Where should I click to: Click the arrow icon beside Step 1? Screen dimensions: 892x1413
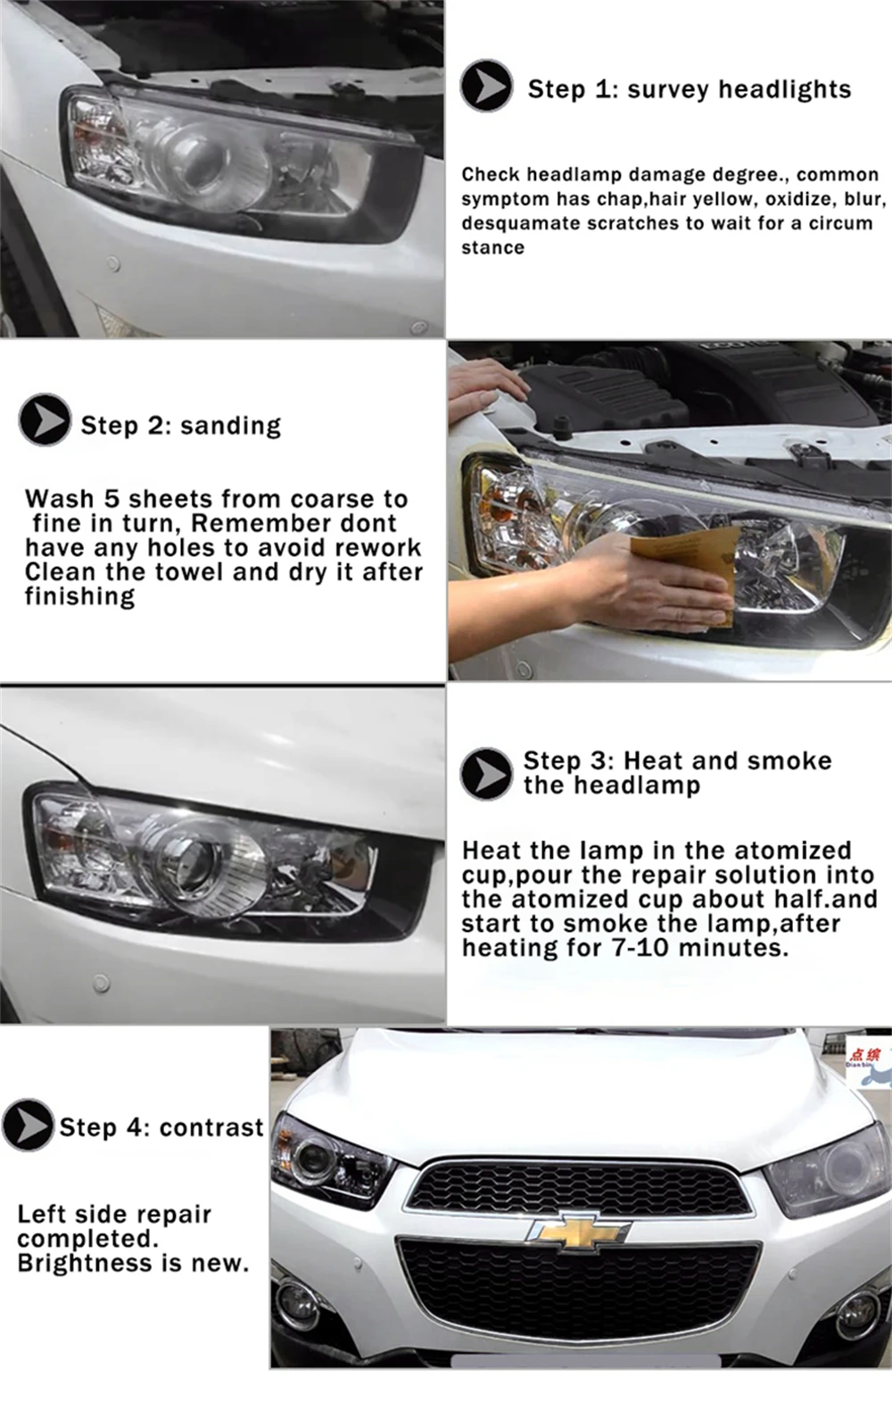[x=486, y=86]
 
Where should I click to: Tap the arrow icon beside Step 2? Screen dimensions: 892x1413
[x=44, y=420]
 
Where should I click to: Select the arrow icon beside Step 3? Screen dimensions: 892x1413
[x=486, y=774]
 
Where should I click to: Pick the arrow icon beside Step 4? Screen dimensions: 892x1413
[x=28, y=1125]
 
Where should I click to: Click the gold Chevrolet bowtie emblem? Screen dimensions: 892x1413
[x=578, y=1231]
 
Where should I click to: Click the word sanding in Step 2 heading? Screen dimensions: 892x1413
[x=231, y=426]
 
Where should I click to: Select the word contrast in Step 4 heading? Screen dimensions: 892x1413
[x=211, y=1127]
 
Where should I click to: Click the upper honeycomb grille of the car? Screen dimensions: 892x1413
[x=579, y=1187]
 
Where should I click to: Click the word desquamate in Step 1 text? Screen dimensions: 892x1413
[x=520, y=223]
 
